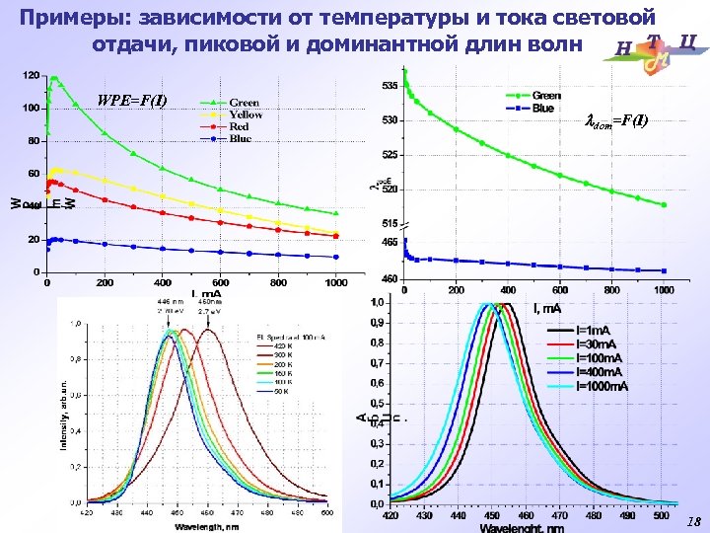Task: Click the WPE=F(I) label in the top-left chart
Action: (x=132, y=101)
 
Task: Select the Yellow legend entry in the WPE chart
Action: (x=247, y=114)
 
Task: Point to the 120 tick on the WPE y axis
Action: (x=31, y=75)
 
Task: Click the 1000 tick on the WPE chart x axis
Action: (x=336, y=282)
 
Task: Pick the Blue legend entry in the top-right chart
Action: (x=543, y=108)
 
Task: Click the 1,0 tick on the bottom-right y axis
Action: (x=378, y=302)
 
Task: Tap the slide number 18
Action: (x=693, y=521)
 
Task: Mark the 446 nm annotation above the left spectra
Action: (x=171, y=301)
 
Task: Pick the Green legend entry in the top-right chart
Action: (x=547, y=96)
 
